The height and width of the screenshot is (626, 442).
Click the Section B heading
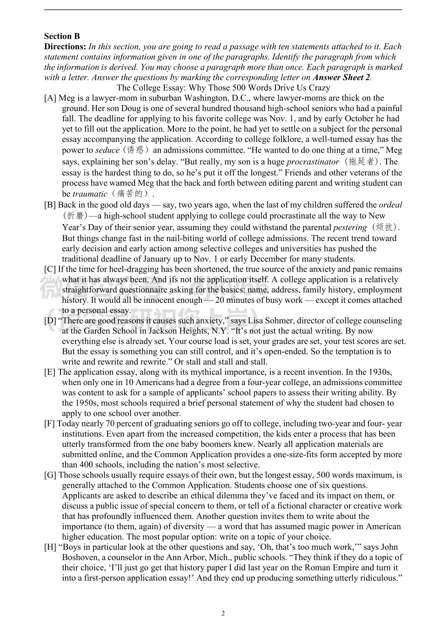(x=62, y=36)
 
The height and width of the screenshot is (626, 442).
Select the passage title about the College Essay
(x=223, y=87)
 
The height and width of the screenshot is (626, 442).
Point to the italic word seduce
(x=107, y=150)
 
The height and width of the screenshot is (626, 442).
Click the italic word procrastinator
(x=313, y=162)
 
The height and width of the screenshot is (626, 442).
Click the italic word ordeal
(x=390, y=205)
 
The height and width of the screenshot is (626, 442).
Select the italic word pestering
(x=350, y=227)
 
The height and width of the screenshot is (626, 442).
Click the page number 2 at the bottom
(x=223, y=613)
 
